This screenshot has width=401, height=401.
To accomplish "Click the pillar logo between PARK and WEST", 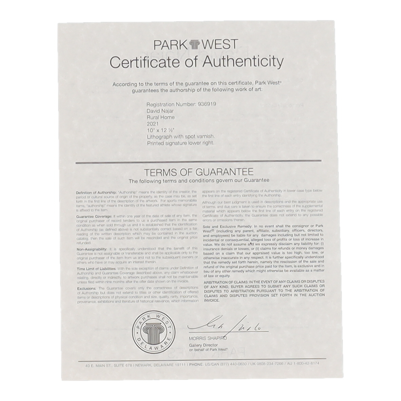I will (196, 45).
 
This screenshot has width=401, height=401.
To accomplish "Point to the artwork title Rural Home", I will (161, 117).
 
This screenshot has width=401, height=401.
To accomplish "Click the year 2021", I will (153, 124).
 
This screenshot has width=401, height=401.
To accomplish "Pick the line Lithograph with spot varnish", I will (181, 137).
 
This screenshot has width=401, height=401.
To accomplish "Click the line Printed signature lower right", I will (180, 143).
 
